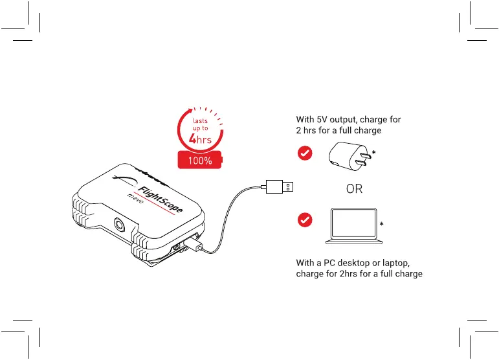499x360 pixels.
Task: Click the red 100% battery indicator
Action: click(x=199, y=160)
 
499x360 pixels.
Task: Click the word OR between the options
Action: click(x=354, y=190)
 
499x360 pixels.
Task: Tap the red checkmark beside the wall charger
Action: click(x=304, y=153)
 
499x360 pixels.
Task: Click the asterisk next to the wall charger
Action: click(x=375, y=152)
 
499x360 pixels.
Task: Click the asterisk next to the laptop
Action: click(x=382, y=224)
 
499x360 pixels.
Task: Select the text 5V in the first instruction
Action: click(x=322, y=119)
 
